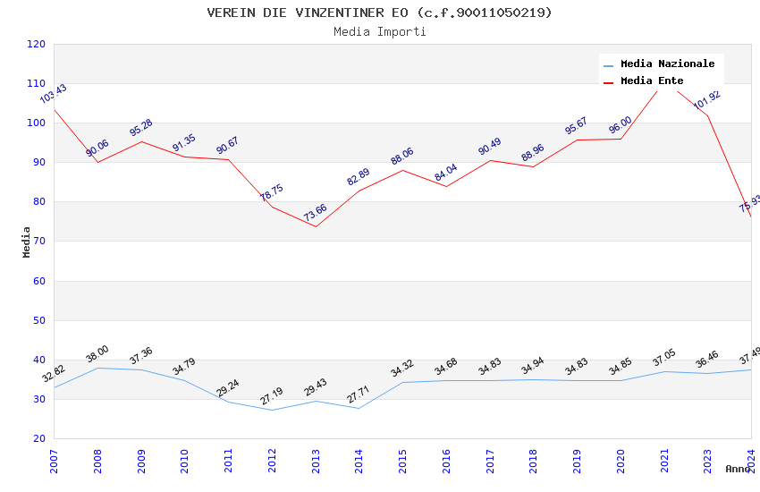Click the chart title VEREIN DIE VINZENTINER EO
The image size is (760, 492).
(x=379, y=13)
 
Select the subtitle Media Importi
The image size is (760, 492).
(x=379, y=31)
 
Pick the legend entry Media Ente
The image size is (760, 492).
(x=652, y=81)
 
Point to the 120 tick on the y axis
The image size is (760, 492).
(x=37, y=44)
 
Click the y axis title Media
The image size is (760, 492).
(x=27, y=242)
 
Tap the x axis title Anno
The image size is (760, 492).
(x=738, y=469)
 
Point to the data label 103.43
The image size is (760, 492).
(x=54, y=94)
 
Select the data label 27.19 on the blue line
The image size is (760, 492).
(x=272, y=395)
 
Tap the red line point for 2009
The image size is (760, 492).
(x=141, y=141)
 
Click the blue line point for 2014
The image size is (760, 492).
(x=359, y=408)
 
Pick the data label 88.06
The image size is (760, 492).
(x=402, y=157)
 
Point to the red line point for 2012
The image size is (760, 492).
(x=272, y=207)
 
